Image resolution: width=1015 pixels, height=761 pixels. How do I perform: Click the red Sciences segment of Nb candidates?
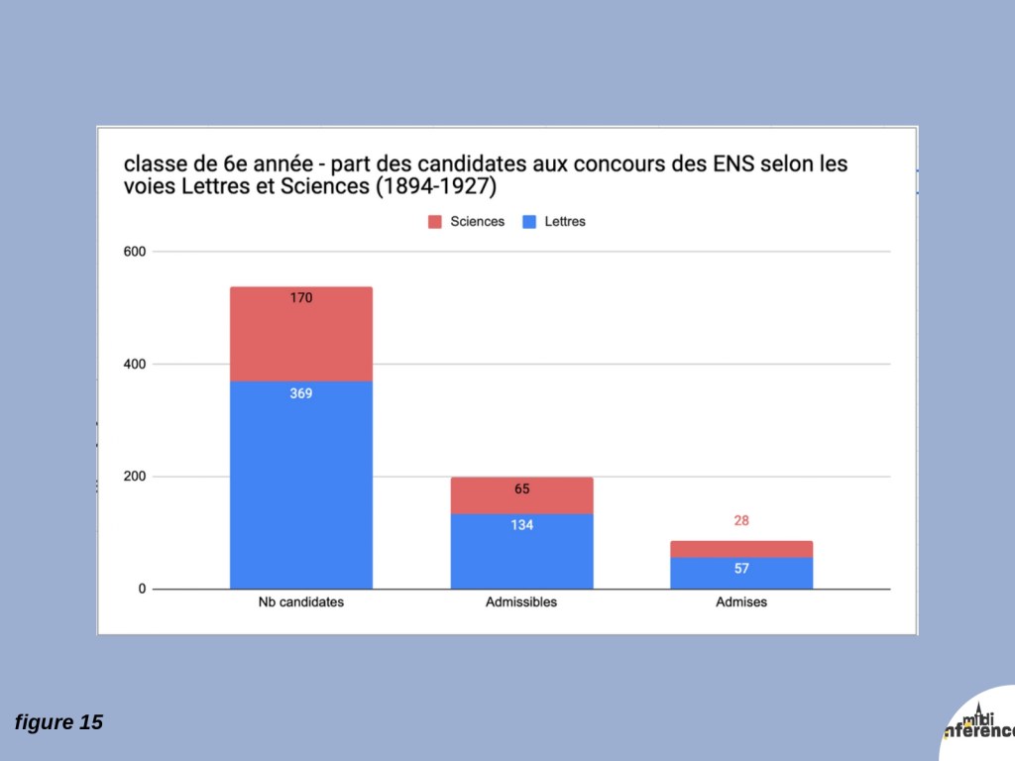pyautogui.click(x=300, y=334)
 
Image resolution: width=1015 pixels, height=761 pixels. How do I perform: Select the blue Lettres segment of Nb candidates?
pyautogui.click(x=300, y=486)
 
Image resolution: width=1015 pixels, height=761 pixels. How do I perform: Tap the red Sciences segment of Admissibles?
pyautogui.click(x=521, y=495)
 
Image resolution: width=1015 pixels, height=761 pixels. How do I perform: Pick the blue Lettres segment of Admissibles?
pyautogui.click(x=521, y=552)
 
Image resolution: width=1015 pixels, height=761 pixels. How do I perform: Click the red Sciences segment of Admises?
pyautogui.click(x=741, y=549)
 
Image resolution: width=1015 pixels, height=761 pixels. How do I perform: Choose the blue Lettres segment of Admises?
pyautogui.click(x=741, y=574)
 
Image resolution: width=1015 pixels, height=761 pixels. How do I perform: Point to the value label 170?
pyautogui.click(x=301, y=297)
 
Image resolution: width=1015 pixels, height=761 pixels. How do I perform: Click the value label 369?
pyautogui.click(x=301, y=393)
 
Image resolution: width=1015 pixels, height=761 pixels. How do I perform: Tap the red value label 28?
pyautogui.click(x=741, y=520)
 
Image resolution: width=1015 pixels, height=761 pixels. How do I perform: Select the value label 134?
pyautogui.click(x=522, y=525)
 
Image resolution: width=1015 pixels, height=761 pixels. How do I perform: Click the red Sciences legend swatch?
pyautogui.click(x=434, y=222)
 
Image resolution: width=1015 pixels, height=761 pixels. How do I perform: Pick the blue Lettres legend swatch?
pyautogui.click(x=529, y=222)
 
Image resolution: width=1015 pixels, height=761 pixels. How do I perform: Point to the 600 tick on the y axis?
pyautogui.click(x=134, y=252)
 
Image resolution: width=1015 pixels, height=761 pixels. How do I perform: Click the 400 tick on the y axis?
pyautogui.click(x=134, y=365)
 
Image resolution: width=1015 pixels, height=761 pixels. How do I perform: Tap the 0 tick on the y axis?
pyautogui.click(x=142, y=590)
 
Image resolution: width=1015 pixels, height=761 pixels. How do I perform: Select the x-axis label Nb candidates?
pyautogui.click(x=300, y=602)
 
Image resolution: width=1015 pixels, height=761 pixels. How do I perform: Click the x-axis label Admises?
pyautogui.click(x=741, y=602)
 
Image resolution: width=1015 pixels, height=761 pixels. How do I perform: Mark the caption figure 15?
pyautogui.click(x=58, y=722)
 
